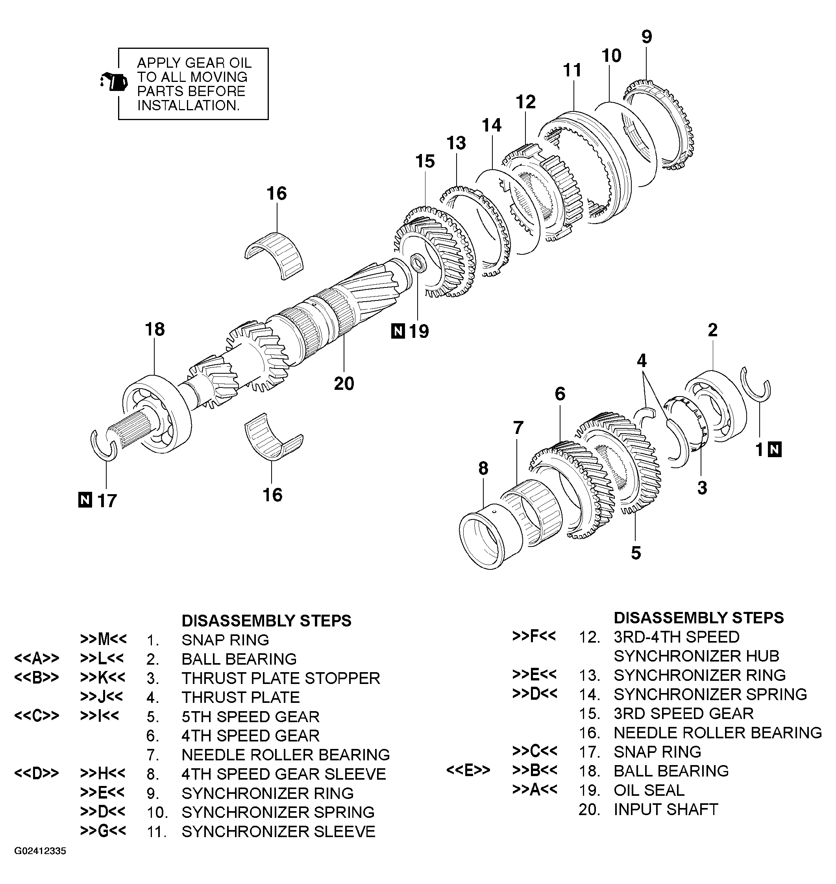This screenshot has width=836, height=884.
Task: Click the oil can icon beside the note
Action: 115,82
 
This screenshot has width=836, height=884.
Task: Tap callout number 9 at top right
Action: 647,37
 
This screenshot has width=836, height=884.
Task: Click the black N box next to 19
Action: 398,332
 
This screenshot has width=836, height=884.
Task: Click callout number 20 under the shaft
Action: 344,384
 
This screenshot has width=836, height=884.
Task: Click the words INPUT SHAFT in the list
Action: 666,809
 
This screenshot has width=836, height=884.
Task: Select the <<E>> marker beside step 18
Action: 468,770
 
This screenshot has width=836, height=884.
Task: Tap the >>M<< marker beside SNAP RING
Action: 104,639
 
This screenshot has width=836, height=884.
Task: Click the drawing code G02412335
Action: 40,851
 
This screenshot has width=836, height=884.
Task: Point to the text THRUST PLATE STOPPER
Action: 281,678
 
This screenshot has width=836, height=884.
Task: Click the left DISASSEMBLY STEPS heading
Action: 266,621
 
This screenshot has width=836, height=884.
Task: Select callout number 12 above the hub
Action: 525,102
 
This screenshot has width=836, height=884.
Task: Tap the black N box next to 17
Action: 85,500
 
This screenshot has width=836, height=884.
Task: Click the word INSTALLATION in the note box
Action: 188,106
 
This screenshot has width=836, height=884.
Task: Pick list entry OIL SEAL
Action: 649,790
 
